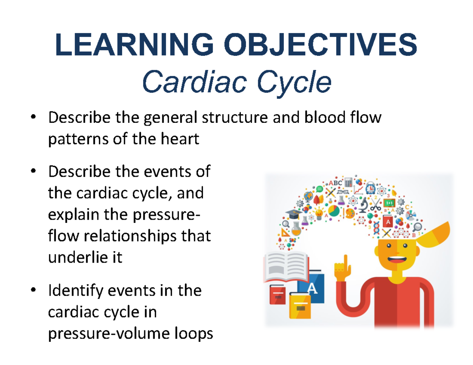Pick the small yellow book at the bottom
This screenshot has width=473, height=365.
coord(300,306)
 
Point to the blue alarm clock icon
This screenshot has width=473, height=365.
coord(370,189)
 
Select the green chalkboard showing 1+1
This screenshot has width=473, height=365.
coord(389,203)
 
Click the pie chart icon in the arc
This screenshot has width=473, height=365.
coord(333,211)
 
